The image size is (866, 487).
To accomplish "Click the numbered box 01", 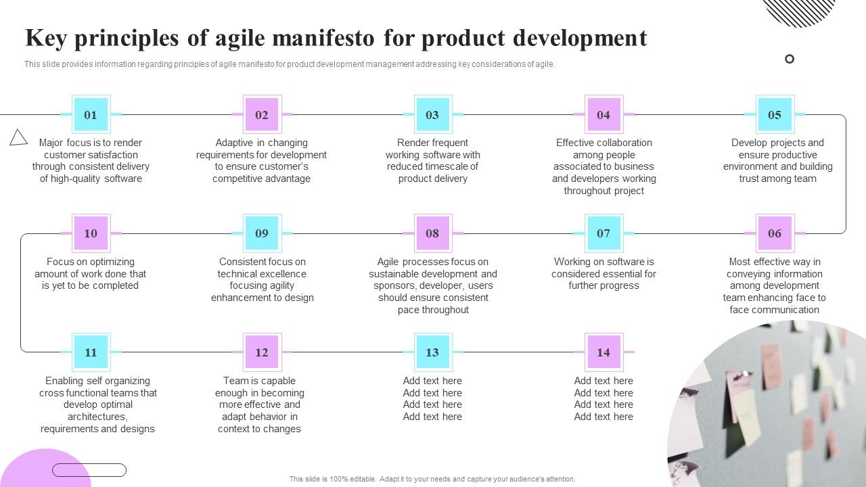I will click(91, 115).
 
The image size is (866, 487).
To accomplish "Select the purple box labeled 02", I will click(262, 115).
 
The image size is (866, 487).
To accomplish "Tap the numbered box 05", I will click(775, 115).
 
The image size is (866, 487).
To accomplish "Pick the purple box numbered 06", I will click(775, 233).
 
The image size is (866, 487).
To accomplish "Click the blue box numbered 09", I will click(262, 233).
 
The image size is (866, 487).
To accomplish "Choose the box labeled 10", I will click(91, 233).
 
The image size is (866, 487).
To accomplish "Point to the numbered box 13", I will click(432, 352).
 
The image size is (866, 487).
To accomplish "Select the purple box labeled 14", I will click(603, 352).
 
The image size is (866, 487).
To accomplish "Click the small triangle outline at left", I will click(18, 138).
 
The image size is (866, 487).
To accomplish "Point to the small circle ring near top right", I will click(790, 59).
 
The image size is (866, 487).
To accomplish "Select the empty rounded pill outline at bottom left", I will click(89, 470).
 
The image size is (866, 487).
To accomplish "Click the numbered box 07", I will click(603, 233).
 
